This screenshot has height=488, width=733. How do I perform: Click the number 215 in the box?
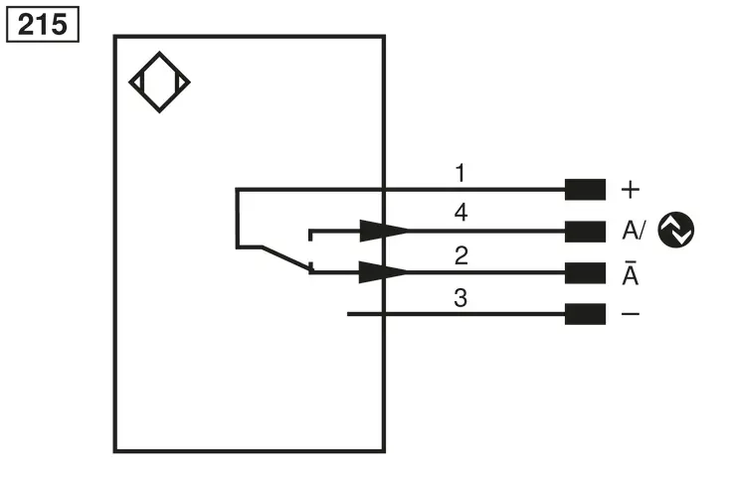tap(42, 24)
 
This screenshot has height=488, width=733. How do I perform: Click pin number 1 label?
tap(460, 173)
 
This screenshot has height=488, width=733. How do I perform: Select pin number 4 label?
tap(460, 213)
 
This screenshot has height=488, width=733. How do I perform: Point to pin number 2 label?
tap(461, 255)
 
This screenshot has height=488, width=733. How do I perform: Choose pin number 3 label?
tap(460, 298)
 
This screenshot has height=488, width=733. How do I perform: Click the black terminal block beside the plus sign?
tap(585, 190)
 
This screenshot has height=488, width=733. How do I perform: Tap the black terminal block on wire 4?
tap(585, 232)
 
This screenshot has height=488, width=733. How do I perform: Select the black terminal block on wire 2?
tap(585, 273)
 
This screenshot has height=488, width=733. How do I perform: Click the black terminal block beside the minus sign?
tap(585, 314)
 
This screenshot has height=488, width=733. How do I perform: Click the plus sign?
tap(631, 190)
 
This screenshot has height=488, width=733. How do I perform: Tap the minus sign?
tap(631, 314)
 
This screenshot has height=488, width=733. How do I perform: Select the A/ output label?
tap(634, 231)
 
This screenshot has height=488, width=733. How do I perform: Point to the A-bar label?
tap(631, 272)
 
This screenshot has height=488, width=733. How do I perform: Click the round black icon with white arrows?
tap(676, 230)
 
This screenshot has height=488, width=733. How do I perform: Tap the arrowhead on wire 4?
tap(383, 231)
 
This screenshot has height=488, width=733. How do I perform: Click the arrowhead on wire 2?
tap(383, 272)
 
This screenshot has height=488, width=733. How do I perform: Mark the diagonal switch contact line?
tap(286, 257)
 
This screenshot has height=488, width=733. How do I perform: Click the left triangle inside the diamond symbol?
tap(136, 82)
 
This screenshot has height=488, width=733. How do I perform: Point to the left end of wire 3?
tap(347, 314)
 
